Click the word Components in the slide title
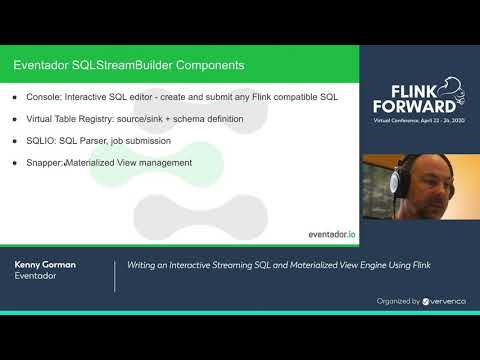click(x=205, y=66)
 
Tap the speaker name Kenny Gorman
click(x=46, y=264)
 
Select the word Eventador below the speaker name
click(x=36, y=277)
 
